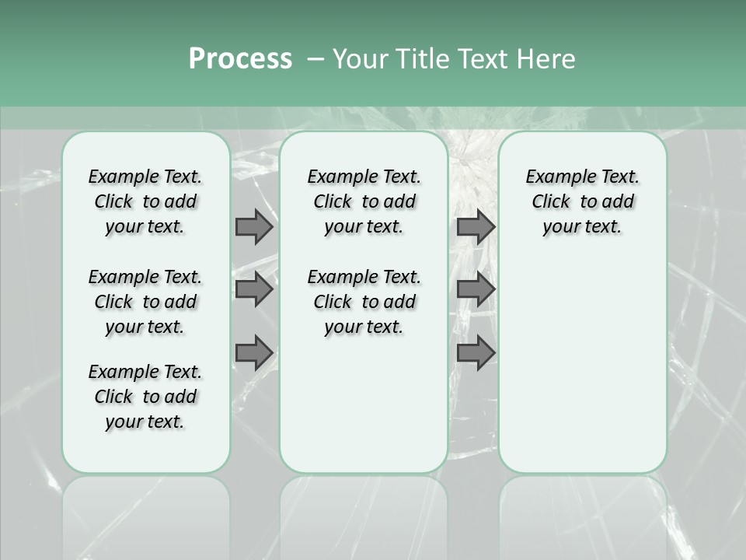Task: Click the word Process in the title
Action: [240, 59]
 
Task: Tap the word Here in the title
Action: [546, 59]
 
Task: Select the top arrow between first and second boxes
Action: [254, 226]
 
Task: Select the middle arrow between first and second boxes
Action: [254, 289]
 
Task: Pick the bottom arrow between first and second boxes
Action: [254, 352]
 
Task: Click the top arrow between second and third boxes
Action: [476, 226]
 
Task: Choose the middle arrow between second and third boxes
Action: [476, 289]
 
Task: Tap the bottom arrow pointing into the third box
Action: [476, 352]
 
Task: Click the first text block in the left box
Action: [145, 201]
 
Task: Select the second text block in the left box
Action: [145, 302]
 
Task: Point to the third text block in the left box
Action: [145, 397]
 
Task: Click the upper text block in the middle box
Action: [364, 201]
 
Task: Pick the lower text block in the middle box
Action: [364, 302]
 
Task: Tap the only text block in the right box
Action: [583, 201]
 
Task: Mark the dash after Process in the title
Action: [315, 60]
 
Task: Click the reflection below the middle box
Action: [364, 513]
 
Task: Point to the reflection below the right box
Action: [583, 513]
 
